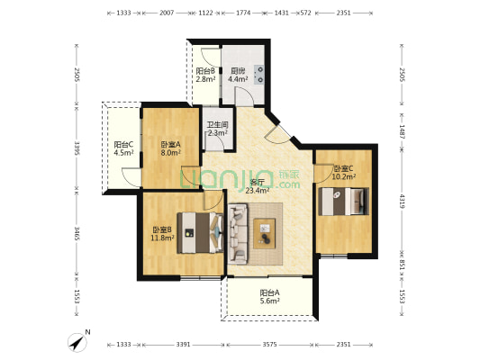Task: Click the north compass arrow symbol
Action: (x=77, y=343)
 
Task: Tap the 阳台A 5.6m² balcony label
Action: (x=269, y=297)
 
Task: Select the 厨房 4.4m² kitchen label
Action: (x=238, y=75)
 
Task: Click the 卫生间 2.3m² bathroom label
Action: (x=218, y=129)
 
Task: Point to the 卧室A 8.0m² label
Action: (x=171, y=148)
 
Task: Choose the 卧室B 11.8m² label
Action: (x=162, y=233)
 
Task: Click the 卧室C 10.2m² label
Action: (x=344, y=172)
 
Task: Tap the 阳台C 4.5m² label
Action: (x=123, y=148)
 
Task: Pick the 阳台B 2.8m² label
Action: (x=205, y=75)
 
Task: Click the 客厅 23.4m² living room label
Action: (x=258, y=186)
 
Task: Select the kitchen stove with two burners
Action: (x=259, y=75)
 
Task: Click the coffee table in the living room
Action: (x=265, y=233)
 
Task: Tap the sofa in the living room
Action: (x=238, y=234)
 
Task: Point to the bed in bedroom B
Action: (x=201, y=233)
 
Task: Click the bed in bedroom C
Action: (x=343, y=202)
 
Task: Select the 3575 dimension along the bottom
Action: (x=269, y=345)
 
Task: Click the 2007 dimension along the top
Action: (x=167, y=13)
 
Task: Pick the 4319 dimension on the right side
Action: (x=402, y=202)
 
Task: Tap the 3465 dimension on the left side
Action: (x=77, y=233)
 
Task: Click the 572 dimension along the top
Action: (x=306, y=13)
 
